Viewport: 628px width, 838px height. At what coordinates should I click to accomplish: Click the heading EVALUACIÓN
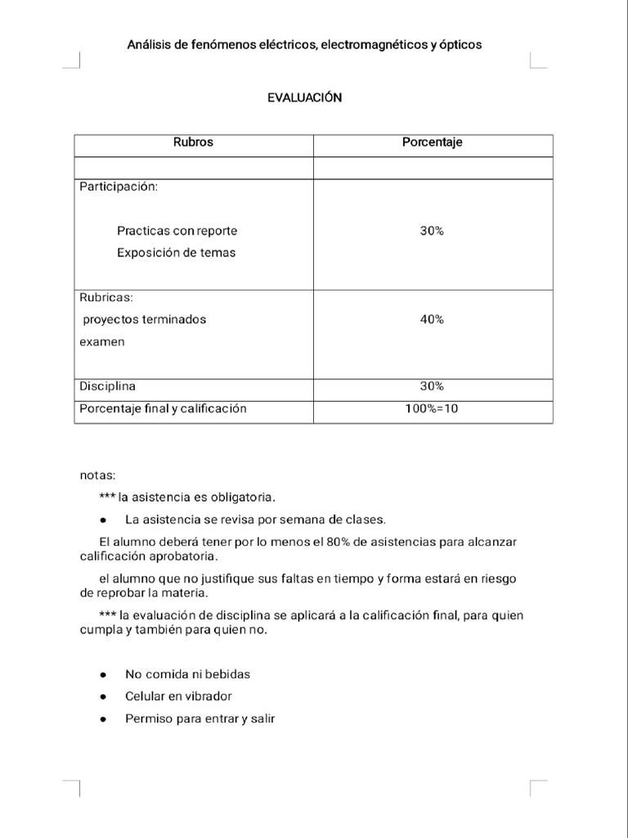point(304,97)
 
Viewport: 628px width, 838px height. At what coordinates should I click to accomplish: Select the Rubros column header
point(193,142)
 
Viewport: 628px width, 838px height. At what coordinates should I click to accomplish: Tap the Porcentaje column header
point(432,142)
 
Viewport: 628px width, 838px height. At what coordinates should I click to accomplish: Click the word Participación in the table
point(119,187)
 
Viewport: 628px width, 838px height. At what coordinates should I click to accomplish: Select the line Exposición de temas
point(176,253)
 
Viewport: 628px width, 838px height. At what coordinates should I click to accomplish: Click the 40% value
point(432,320)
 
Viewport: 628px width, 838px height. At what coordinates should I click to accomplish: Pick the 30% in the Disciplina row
point(432,386)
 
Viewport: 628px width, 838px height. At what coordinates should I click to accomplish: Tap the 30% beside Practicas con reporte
point(432,232)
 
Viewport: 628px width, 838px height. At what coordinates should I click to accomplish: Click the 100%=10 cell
point(432,408)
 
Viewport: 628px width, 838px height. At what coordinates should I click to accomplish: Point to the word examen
point(102,342)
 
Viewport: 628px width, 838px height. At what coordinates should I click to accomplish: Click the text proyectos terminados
point(145,320)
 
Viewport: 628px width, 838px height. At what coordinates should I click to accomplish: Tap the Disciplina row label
point(107,386)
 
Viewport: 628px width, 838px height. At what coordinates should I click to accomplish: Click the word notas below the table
point(97,475)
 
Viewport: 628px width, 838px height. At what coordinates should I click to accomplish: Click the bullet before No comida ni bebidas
point(103,675)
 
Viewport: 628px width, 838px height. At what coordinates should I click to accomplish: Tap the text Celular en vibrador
point(178,696)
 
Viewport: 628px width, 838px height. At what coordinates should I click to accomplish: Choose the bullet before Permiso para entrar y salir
point(103,719)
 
